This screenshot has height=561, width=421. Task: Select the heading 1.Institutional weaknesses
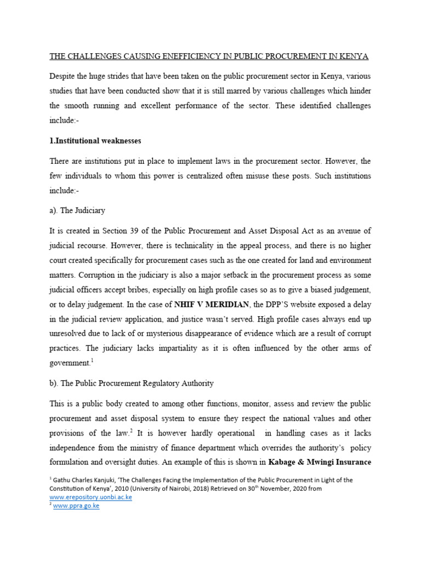tap(95, 141)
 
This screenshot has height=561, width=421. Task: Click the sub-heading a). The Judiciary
tap(77, 210)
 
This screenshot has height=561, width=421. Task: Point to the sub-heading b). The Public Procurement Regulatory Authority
tap(132, 383)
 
